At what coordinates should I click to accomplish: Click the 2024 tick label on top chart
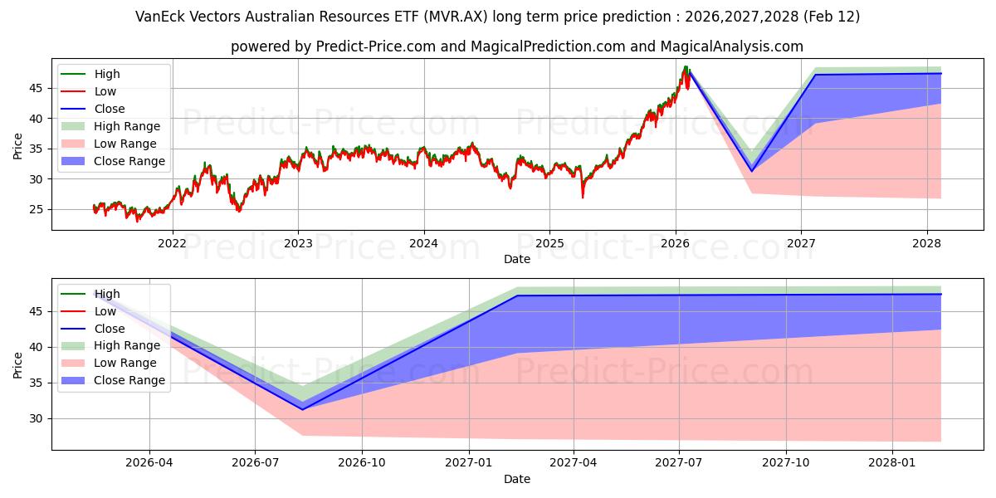point(423,243)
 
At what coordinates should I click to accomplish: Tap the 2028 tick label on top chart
point(926,243)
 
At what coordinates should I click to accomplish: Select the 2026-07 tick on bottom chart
point(255,463)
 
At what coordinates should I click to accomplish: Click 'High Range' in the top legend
point(126,126)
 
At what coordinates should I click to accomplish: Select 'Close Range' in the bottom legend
point(129,380)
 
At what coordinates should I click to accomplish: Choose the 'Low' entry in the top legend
point(105,91)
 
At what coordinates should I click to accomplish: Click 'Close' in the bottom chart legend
point(109,329)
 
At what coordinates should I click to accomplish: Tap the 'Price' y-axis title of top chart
point(18,147)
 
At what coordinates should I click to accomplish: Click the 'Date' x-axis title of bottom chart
point(516,479)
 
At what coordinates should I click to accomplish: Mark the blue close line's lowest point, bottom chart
point(302,409)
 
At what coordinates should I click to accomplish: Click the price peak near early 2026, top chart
point(686,66)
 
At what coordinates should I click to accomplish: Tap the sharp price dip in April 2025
point(582,197)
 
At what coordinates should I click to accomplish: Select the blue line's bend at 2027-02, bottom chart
point(516,295)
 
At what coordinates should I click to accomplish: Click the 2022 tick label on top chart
point(172,243)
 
